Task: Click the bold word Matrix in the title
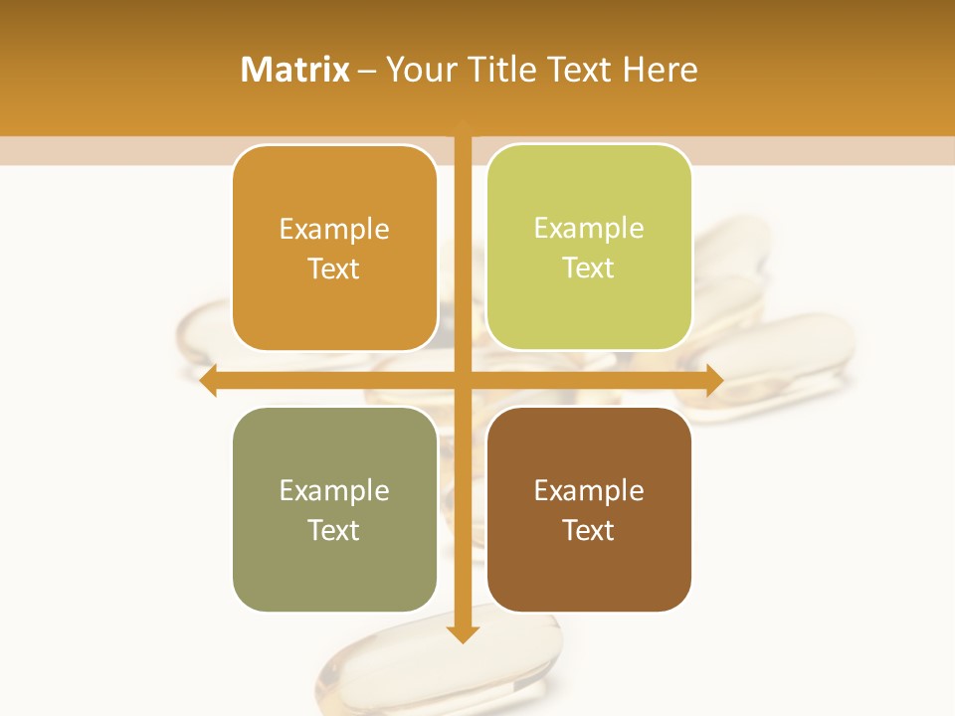pos(295,70)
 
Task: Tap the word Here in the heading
pos(660,70)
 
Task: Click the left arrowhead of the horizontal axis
pos(208,380)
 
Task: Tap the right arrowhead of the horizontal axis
pos(714,380)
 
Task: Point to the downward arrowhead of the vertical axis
pos(463,633)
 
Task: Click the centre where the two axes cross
pos(463,380)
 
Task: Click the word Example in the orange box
pos(334,230)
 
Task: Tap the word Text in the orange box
pos(334,269)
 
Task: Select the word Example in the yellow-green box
pos(589,229)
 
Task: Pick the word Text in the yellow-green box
pos(589,268)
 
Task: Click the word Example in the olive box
pos(334,491)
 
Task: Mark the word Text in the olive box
pos(334,531)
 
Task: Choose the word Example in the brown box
pos(589,491)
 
